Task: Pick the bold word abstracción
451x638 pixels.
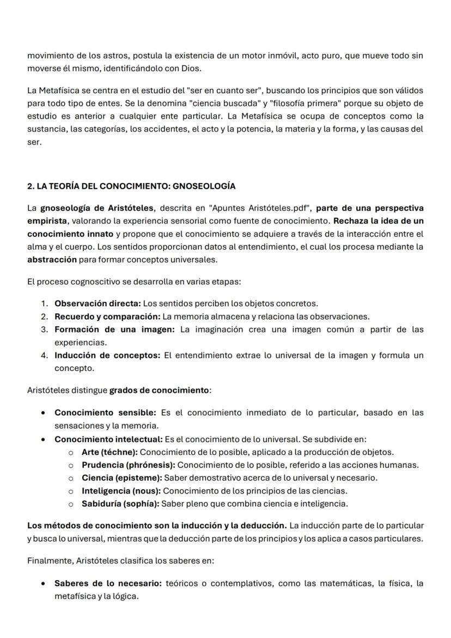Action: click(x=52, y=259)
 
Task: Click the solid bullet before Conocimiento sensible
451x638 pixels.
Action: click(x=43, y=413)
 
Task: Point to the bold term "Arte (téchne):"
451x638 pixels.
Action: click(x=109, y=452)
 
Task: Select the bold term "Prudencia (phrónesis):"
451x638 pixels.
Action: click(x=129, y=465)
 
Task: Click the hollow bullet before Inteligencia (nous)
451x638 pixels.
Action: click(x=71, y=491)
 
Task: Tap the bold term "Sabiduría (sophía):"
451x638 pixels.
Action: click(x=120, y=503)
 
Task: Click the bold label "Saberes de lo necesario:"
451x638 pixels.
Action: click(x=107, y=583)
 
